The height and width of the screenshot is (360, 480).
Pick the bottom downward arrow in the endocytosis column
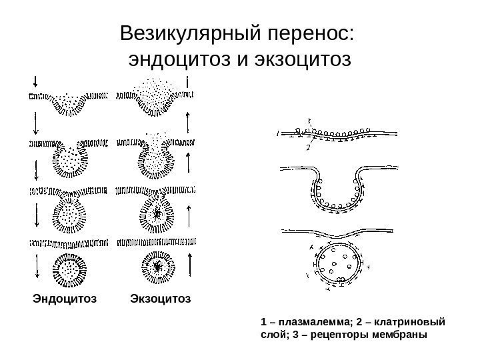pyautogui.click(x=35, y=266)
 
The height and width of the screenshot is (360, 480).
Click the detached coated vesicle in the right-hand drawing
pyautogui.click(x=338, y=267)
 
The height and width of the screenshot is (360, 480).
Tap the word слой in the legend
pyautogui.click(x=271, y=333)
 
